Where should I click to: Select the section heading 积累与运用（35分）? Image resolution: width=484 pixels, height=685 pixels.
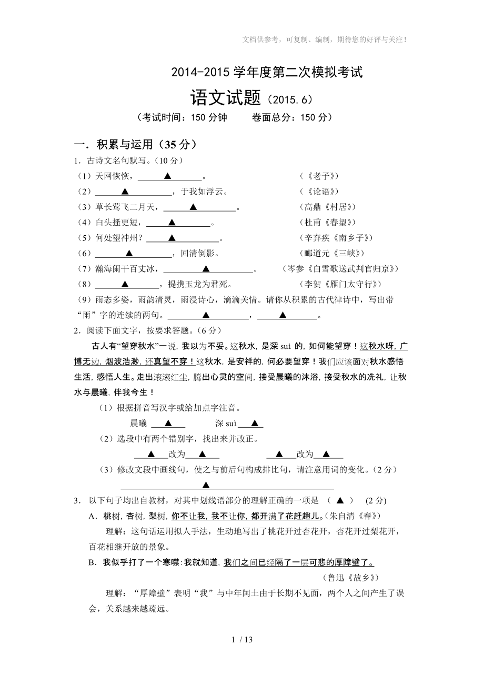pyautogui.click(x=136, y=145)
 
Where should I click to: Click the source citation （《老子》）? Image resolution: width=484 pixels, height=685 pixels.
pyautogui.click(x=319, y=176)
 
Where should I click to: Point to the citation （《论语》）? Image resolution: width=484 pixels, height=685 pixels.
pyautogui.click(x=319, y=192)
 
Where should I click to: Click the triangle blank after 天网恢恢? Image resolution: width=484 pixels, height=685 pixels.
pyautogui.click(x=168, y=176)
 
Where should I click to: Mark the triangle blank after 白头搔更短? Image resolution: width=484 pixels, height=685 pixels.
pyautogui.click(x=172, y=223)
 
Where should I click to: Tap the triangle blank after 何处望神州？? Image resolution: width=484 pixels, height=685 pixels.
pyautogui.click(x=172, y=238)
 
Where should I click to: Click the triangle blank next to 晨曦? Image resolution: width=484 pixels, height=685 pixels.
pyautogui.click(x=168, y=423)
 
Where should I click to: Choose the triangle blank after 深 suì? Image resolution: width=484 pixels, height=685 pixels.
pyautogui.click(x=254, y=423)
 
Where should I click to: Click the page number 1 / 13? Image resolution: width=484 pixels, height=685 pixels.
pyautogui.click(x=242, y=640)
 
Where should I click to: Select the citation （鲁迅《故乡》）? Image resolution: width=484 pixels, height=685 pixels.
pyautogui.click(x=349, y=577)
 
